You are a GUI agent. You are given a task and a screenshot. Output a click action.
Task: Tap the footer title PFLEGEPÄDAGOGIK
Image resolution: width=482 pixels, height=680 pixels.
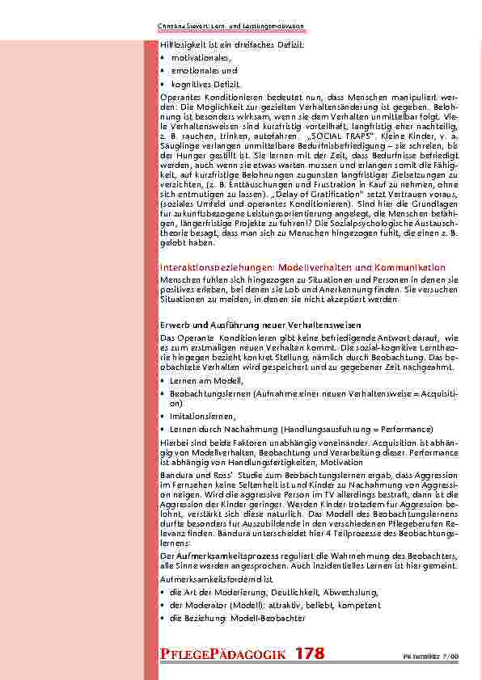[222, 654]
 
